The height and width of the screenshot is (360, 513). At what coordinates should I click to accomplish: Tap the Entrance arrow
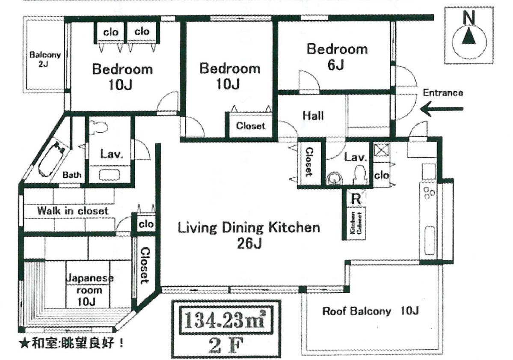[442, 109]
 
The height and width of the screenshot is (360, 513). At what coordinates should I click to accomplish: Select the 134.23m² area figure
[225, 320]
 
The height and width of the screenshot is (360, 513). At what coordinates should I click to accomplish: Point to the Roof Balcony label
[371, 311]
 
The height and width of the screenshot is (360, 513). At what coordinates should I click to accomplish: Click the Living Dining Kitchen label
[249, 235]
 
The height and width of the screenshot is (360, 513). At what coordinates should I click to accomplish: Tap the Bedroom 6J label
[337, 57]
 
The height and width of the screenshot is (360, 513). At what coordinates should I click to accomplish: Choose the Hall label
[313, 116]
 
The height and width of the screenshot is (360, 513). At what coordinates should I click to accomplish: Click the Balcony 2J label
[45, 59]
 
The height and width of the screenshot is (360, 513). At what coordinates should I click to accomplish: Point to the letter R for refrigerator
[356, 198]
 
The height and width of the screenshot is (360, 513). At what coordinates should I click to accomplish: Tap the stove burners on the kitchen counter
[428, 193]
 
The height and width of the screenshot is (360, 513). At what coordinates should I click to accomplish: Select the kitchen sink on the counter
[429, 240]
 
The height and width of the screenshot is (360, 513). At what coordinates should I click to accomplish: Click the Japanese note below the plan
[71, 343]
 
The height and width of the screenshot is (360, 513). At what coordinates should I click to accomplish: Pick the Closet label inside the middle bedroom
[250, 126]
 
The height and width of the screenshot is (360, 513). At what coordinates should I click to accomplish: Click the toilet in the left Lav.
[99, 127]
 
